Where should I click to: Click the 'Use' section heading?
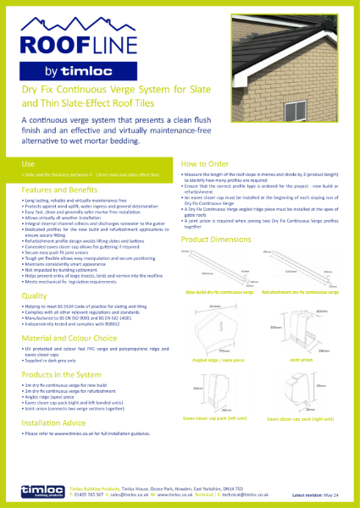tap(28, 161)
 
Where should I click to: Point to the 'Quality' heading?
tap(35, 296)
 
